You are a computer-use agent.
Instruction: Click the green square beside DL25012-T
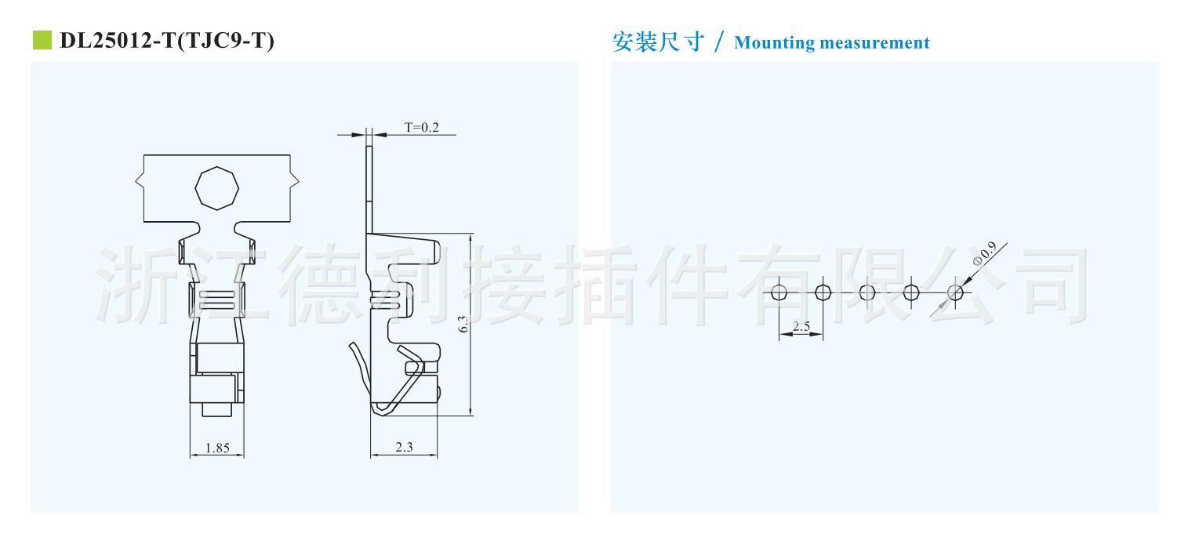(41, 40)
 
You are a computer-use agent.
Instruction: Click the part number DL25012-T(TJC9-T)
(167, 41)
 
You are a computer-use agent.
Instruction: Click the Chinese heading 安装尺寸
(658, 42)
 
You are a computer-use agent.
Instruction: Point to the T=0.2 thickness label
(422, 127)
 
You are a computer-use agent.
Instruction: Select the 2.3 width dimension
(404, 448)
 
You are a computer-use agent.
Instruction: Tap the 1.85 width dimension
(217, 448)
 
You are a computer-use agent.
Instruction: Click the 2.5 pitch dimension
(801, 326)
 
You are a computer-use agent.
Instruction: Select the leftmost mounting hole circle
(779, 292)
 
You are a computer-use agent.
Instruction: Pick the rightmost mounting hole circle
(955, 292)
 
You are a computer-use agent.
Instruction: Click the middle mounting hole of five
(866, 292)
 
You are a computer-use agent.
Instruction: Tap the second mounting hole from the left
(823, 292)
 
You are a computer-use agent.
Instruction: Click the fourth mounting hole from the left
(911, 292)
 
